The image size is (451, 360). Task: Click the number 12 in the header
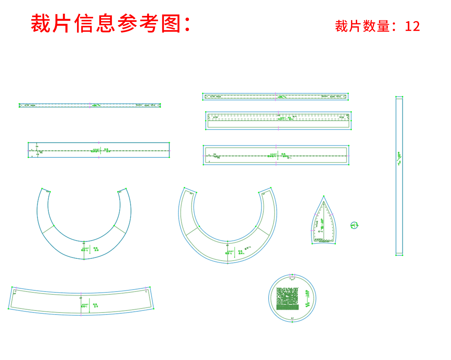tap(412, 26)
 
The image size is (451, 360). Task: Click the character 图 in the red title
tap(171, 24)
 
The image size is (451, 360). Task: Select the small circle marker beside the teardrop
tap(354, 226)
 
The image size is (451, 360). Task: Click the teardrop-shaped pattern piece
tap(324, 225)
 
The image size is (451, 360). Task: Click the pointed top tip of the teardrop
tap(324, 196)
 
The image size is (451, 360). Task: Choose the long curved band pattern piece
tap(81, 301)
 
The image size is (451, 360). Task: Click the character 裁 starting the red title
tap(41, 24)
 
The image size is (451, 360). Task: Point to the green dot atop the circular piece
tap(292, 275)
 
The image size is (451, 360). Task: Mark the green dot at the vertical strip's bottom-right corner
tap(403, 255)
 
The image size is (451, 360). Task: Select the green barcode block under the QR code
tap(287, 307)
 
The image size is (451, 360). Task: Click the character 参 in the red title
tap(128, 24)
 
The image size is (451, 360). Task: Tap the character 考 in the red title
tap(149, 24)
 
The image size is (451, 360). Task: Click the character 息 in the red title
tap(106, 24)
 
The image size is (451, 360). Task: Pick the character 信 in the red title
tap(84, 24)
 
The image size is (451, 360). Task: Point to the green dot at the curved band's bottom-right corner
tap(154, 309)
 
